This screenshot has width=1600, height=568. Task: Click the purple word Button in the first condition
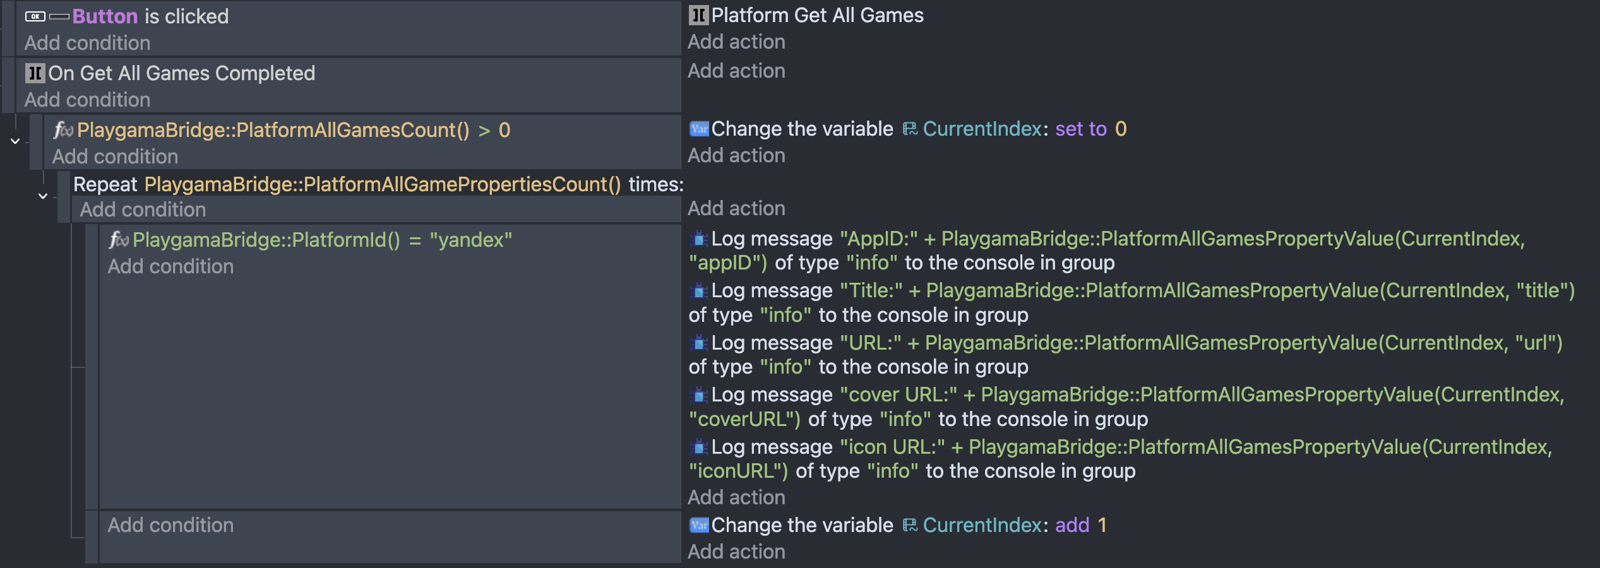[105, 16]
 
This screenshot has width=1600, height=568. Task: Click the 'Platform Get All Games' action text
[817, 15]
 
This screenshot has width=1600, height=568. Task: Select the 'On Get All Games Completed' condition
[182, 73]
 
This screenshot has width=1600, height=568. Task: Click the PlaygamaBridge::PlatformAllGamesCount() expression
[273, 130]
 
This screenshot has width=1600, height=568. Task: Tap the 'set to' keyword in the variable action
[1081, 129]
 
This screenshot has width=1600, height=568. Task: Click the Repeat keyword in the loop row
[105, 184]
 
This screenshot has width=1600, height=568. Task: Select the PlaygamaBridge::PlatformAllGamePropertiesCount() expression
[383, 184]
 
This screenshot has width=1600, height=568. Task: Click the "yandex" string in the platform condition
[471, 240]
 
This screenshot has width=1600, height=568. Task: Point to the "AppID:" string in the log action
[879, 239]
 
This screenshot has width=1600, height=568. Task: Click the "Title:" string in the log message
[871, 290]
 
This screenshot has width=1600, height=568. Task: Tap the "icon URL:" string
[893, 447]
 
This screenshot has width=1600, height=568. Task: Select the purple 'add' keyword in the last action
[1072, 525]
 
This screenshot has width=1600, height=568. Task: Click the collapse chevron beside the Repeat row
[43, 196]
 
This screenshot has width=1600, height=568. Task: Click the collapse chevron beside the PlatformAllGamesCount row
[15, 141]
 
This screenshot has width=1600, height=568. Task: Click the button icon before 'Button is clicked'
[35, 16]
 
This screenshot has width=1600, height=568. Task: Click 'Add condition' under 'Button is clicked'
[88, 43]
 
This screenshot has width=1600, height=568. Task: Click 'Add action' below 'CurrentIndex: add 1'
[736, 552]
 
